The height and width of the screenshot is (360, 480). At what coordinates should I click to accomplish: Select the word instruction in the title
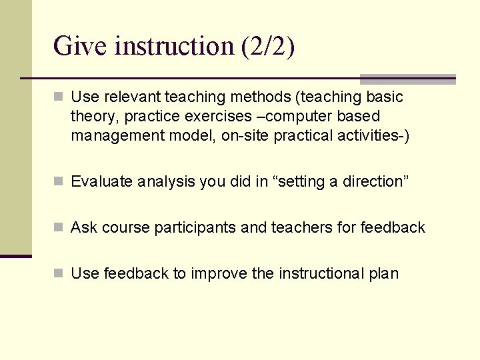click(174, 46)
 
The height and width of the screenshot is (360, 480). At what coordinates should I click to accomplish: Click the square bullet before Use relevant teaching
click(59, 97)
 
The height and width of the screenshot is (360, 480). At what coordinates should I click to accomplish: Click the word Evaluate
click(101, 181)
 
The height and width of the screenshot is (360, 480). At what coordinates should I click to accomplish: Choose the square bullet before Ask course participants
click(59, 228)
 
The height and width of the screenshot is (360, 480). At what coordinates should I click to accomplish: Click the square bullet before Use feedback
click(59, 273)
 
